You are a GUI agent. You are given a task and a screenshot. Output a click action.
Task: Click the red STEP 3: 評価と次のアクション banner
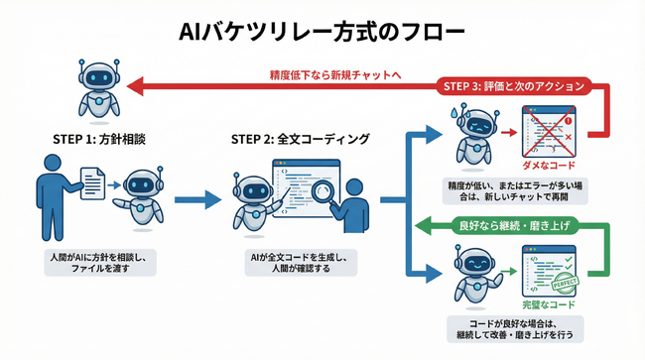[513, 86]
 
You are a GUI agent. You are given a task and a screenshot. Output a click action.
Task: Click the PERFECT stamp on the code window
[565, 282]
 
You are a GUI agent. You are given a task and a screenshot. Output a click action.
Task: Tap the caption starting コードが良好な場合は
[513, 329]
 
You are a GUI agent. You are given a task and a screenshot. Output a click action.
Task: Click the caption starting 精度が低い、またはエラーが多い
[513, 190]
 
